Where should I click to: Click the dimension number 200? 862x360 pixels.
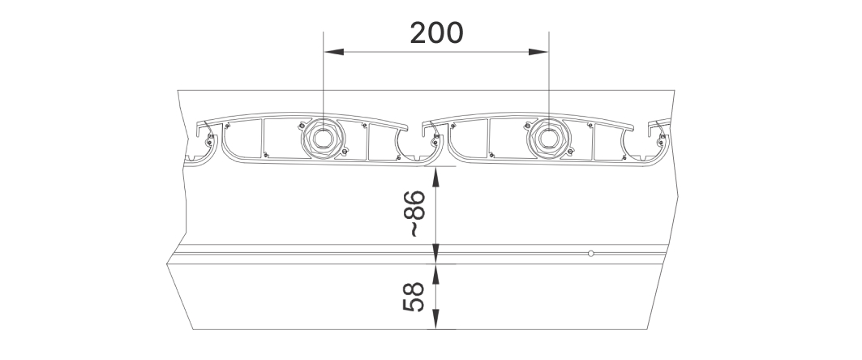[436, 33]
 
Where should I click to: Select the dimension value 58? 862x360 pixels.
[414, 297]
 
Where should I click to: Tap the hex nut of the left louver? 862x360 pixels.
[323, 137]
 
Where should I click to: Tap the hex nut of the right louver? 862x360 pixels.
[548, 137]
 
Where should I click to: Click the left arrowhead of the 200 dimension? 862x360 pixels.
[334, 52]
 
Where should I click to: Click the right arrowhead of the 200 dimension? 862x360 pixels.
[538, 52]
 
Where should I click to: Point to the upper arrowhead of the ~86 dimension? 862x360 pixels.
[435, 177]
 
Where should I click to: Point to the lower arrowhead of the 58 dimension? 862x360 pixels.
[435, 319]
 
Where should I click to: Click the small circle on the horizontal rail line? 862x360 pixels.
[591, 253]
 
